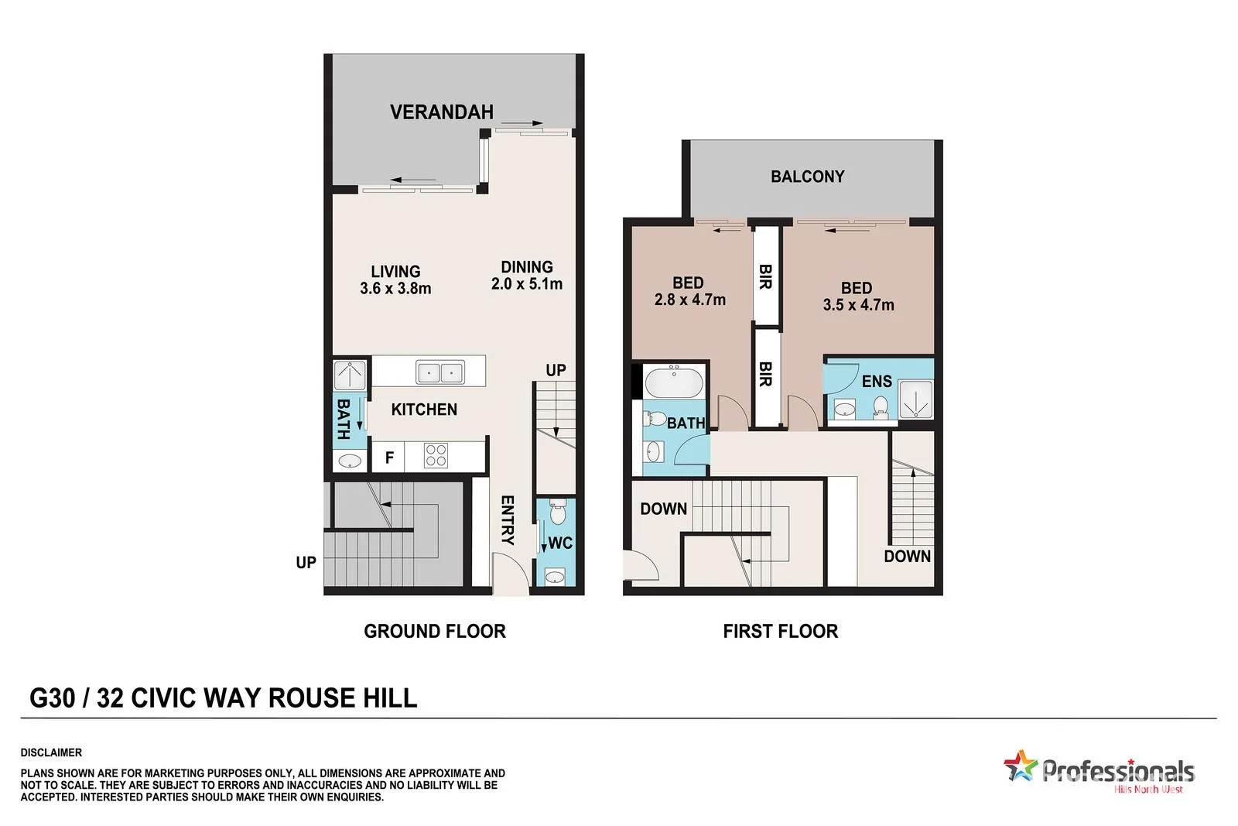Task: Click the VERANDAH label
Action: click(441, 112)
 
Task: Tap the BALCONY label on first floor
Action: click(807, 177)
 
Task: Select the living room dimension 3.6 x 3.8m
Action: click(395, 289)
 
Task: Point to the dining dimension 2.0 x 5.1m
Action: click(527, 284)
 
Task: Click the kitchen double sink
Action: click(439, 372)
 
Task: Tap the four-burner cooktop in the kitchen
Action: click(436, 455)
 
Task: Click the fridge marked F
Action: click(389, 458)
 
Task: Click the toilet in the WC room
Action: click(557, 511)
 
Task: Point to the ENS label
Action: click(877, 381)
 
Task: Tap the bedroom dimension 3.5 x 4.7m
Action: click(858, 305)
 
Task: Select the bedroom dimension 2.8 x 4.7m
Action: click(689, 300)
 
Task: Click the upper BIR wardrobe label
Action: click(765, 276)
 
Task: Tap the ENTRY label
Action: click(508, 519)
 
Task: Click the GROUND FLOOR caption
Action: click(434, 631)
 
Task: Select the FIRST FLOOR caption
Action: click(780, 631)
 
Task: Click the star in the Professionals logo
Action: click(1020, 766)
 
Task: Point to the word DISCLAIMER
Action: click(51, 752)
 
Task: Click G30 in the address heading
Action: click(52, 698)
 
